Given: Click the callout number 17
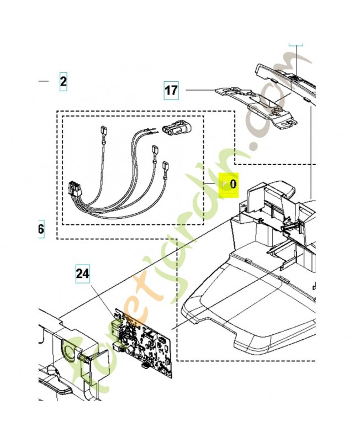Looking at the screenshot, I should [172, 90].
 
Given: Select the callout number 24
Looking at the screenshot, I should [82, 273].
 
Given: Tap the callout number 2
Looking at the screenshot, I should [63, 82].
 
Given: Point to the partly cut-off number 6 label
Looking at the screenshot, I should [41, 229].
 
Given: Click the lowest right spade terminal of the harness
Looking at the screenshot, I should [166, 165].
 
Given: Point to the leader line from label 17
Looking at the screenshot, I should [199, 90].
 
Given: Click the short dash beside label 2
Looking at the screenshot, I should [44, 82].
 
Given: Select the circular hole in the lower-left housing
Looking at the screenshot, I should [68, 352].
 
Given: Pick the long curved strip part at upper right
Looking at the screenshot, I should [287, 77].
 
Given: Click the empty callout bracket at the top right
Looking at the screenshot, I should [297, 44].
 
